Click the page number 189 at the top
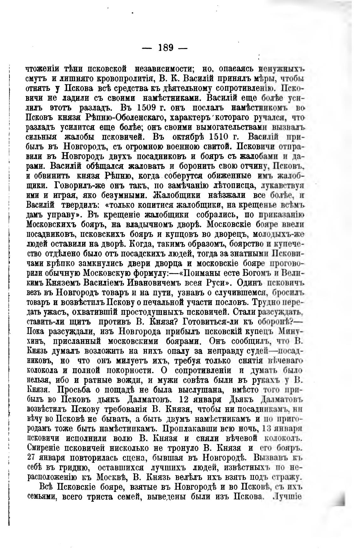[x=165, y=48]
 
